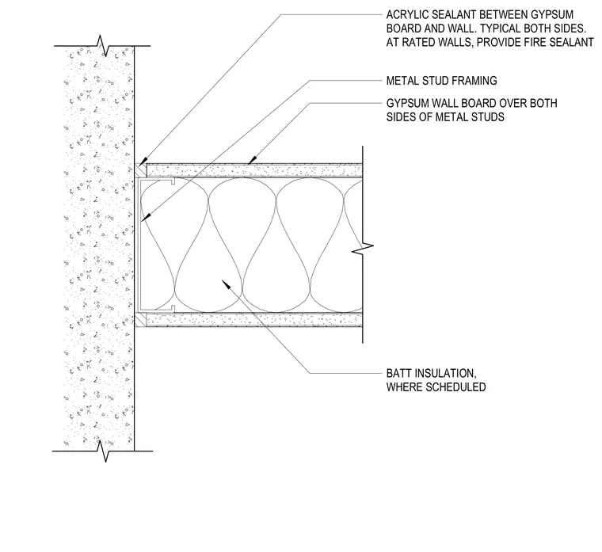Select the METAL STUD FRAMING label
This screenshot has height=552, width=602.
(x=441, y=81)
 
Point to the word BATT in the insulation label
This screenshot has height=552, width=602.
(x=399, y=373)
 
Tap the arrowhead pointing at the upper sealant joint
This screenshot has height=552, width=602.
(x=143, y=162)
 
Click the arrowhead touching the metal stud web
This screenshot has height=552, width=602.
(x=146, y=217)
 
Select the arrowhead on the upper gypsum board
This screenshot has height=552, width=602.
(x=252, y=160)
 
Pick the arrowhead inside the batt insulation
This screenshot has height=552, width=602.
(x=226, y=284)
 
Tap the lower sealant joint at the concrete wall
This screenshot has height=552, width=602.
(x=140, y=320)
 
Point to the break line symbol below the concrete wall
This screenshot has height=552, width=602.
(x=103, y=451)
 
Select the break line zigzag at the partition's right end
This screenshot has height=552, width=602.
(x=363, y=249)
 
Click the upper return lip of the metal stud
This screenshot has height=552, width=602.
(x=173, y=181)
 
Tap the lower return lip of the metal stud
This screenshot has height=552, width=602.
(x=173, y=308)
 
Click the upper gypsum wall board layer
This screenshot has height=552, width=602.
(x=254, y=170)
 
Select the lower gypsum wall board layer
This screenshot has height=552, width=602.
(x=254, y=320)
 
